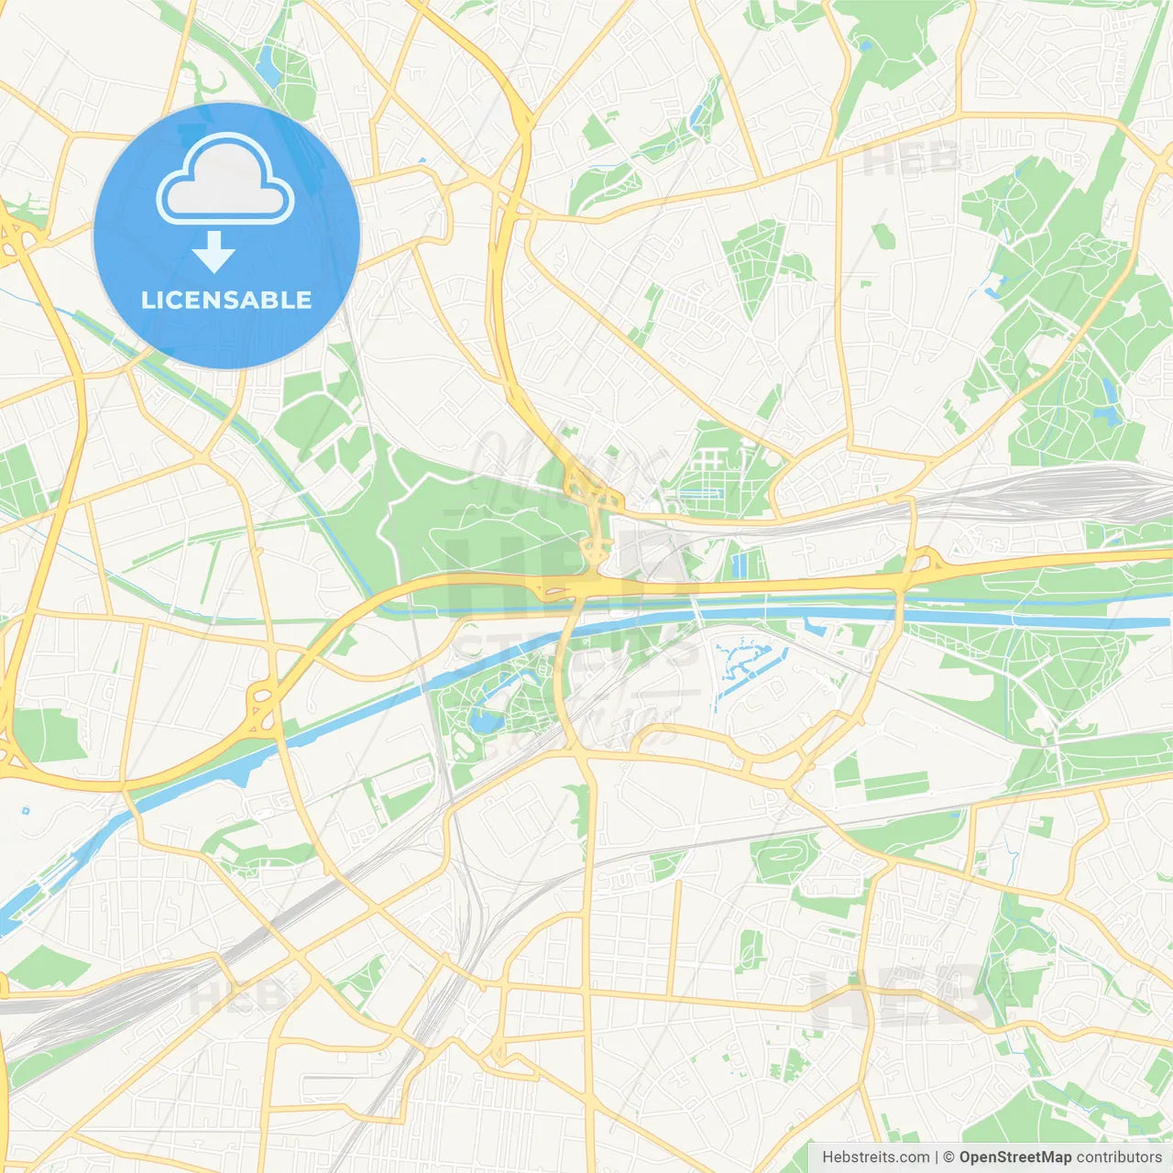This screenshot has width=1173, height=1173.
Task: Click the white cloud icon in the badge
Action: point(225,181)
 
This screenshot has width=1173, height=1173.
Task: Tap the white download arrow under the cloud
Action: point(214,252)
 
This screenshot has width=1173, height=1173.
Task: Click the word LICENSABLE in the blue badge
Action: point(226,301)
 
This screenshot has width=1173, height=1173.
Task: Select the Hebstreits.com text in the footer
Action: point(875,1157)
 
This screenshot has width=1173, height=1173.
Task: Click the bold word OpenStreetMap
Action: point(1014,1157)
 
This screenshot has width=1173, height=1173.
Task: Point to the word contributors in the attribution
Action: point(1119,1157)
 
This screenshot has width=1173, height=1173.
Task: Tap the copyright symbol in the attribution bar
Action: point(948,1157)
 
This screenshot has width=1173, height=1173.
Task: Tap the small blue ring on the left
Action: point(26,810)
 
